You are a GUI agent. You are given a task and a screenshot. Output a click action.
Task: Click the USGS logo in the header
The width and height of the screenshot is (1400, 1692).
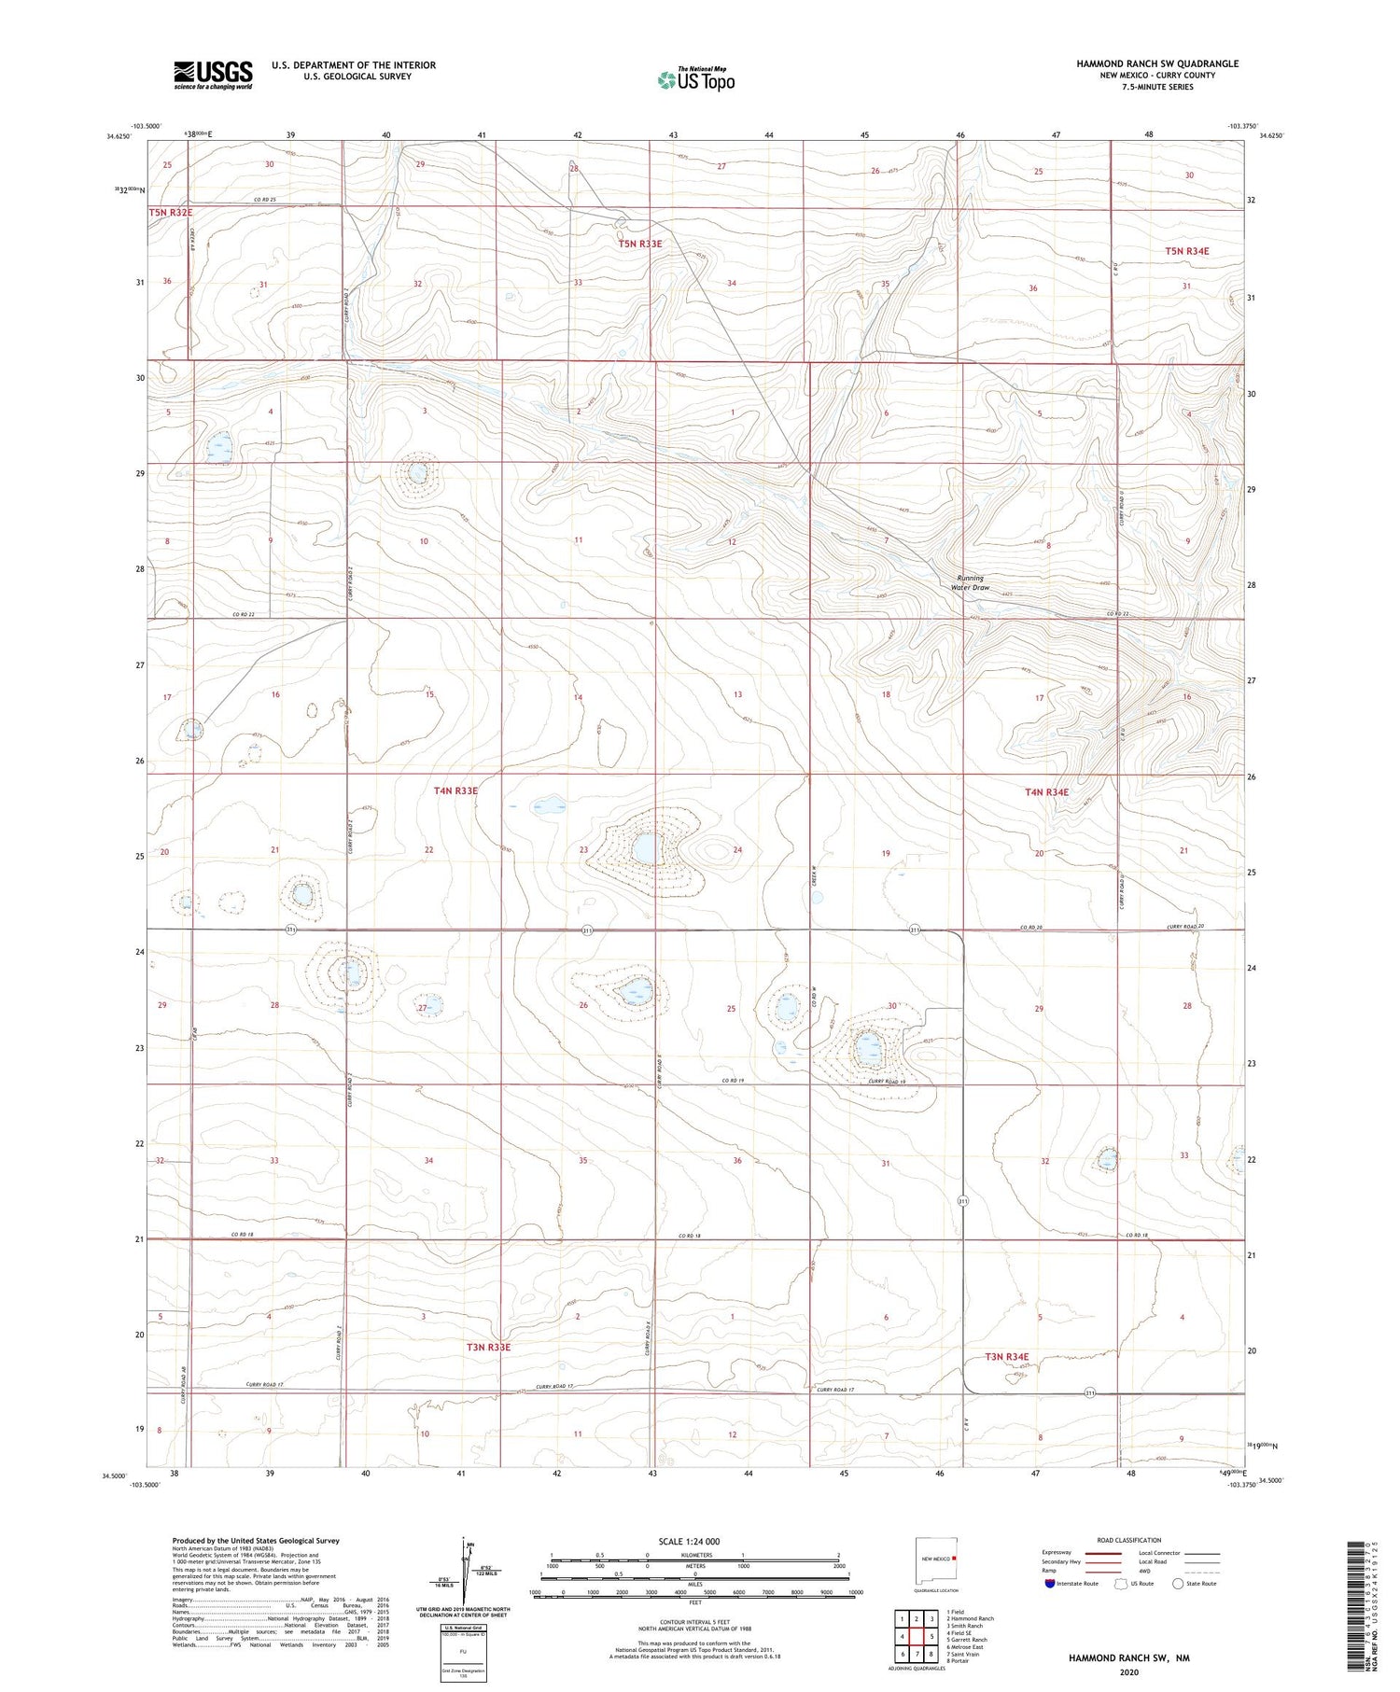(x=213, y=75)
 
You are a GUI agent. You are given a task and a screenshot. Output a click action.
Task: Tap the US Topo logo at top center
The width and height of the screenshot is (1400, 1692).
(x=695, y=80)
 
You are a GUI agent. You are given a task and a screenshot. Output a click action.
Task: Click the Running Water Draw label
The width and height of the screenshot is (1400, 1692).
(x=970, y=583)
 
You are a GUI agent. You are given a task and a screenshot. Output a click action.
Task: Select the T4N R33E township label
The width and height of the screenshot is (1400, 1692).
(x=455, y=790)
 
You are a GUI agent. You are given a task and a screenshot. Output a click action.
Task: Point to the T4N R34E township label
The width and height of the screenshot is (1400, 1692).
(x=1046, y=792)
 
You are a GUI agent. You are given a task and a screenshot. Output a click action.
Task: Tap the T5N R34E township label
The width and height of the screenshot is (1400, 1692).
(x=1186, y=251)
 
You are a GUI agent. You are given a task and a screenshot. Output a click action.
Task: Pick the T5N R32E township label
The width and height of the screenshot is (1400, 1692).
(x=171, y=213)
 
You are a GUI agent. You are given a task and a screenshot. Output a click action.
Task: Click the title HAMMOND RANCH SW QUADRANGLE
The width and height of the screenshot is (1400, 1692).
(x=1157, y=63)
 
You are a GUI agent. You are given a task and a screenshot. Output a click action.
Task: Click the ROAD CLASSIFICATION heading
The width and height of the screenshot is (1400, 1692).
(x=1129, y=1540)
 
